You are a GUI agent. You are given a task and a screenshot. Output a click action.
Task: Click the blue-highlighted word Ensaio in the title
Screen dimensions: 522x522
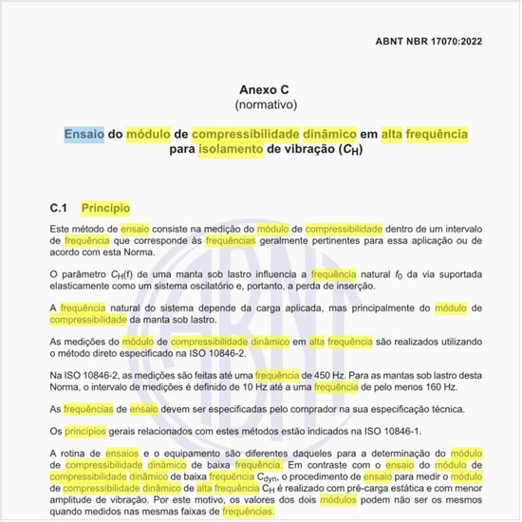pyautogui.click(x=84, y=135)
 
